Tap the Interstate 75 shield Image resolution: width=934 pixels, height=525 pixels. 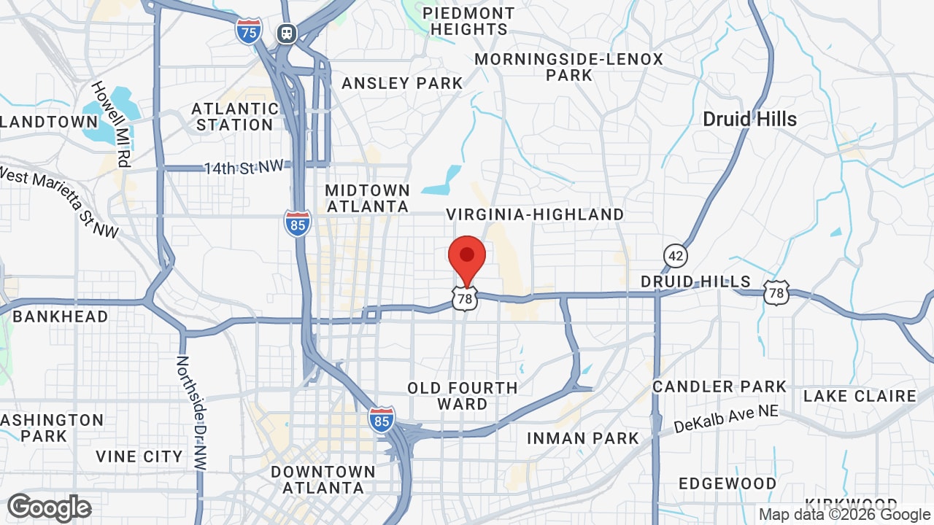pyautogui.click(x=249, y=31)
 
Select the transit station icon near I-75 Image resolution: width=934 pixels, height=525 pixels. pyautogui.click(x=287, y=33)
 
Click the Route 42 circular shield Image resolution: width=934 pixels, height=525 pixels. pyautogui.click(x=676, y=255)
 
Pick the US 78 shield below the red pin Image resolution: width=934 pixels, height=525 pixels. pyautogui.click(x=465, y=298)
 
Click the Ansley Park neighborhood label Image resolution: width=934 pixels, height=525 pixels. pyautogui.click(x=402, y=83)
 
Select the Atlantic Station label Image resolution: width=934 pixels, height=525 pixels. pyautogui.click(x=234, y=117)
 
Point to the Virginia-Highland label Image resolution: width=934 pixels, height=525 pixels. pyautogui.click(x=535, y=214)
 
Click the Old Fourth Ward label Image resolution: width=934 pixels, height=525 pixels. pyautogui.click(x=463, y=396)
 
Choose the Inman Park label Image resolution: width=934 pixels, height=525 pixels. pyautogui.click(x=583, y=438)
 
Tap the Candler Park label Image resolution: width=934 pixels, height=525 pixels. pyautogui.click(x=719, y=386)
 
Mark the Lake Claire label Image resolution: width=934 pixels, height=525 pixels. pyautogui.click(x=860, y=396)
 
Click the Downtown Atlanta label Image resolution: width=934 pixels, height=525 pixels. pyautogui.click(x=323, y=480)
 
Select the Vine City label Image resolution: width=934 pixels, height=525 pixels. pyautogui.click(x=139, y=456)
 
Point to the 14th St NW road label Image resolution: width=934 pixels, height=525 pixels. pyautogui.click(x=243, y=168)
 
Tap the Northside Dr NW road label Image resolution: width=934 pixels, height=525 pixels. pyautogui.click(x=191, y=411)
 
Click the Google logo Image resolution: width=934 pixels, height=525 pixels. pyautogui.click(x=50, y=507)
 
